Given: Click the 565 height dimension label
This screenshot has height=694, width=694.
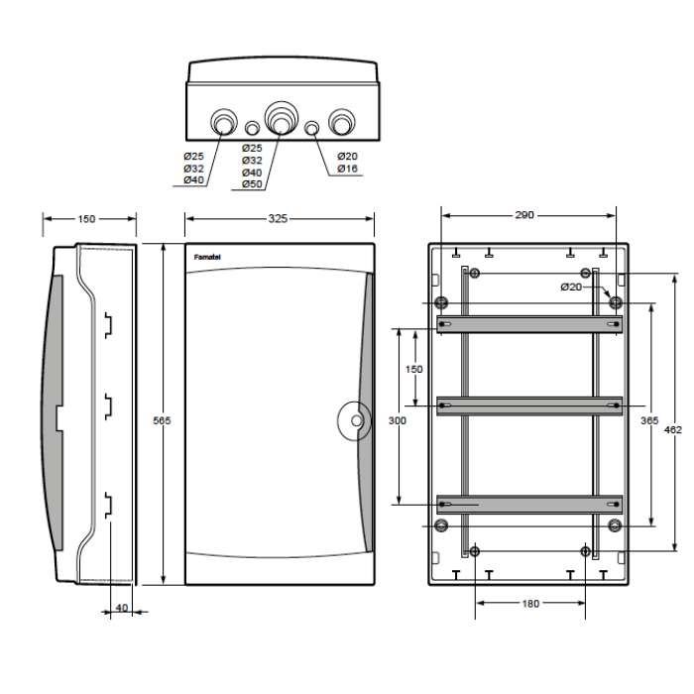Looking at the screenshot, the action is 162,420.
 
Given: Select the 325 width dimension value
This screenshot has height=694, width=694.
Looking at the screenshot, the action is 278,219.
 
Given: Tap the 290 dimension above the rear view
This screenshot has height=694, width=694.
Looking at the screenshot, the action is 524,215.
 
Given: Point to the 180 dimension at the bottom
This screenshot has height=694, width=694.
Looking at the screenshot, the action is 530,603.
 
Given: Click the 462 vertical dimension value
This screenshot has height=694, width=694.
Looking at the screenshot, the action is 673,429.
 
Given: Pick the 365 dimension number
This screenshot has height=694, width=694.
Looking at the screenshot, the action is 649,420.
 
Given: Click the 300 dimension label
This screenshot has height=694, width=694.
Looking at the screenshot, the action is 397,420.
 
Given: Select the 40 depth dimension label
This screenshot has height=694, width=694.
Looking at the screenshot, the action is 122,608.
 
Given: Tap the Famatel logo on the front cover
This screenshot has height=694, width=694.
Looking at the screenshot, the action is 207,257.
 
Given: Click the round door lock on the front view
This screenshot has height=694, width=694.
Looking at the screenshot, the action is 354,421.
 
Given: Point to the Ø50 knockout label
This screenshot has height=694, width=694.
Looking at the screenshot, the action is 252,184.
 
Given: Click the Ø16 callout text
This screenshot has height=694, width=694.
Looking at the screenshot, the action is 347,169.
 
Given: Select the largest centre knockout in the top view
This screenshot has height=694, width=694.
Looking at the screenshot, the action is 281,118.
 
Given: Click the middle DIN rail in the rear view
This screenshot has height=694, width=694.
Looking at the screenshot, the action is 529,405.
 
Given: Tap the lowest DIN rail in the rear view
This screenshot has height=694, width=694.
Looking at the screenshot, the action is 529,504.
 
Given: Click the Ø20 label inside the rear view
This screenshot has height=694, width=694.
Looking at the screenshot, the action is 571,288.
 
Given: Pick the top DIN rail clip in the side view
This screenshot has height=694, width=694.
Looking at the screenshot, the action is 108,325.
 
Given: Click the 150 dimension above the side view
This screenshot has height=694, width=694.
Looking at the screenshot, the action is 86,219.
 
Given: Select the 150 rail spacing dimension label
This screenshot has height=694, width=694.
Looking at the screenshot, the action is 413,369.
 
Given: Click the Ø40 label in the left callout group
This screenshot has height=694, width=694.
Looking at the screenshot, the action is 193,179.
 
